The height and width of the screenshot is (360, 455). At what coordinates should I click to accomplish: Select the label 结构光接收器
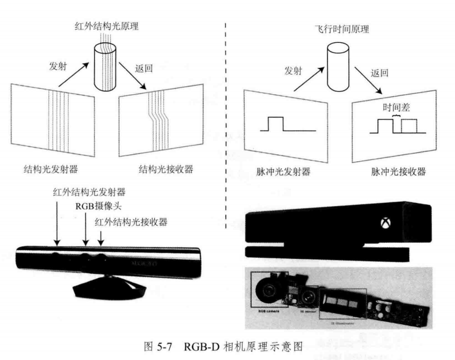[166, 170]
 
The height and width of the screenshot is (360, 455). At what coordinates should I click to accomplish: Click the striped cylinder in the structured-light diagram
[105, 60]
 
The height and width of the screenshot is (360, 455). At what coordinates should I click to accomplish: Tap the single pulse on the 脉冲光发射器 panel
[274, 124]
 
